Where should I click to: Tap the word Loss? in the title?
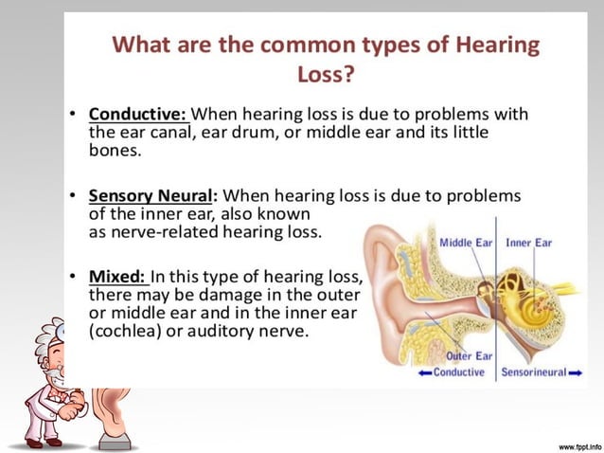click(327, 73)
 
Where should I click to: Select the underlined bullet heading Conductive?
click(138, 115)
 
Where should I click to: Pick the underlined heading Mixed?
click(117, 277)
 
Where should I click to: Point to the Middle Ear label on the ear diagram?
click(467, 243)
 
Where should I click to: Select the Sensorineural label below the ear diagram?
click(533, 372)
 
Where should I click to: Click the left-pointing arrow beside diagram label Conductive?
click(423, 372)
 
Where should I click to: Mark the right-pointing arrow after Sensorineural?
click(575, 372)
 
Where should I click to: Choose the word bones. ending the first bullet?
click(114, 151)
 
